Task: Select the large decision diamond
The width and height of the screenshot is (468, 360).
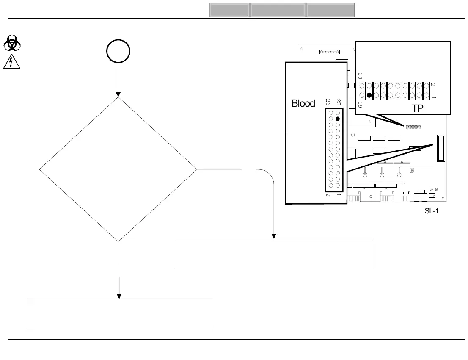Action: (118, 169)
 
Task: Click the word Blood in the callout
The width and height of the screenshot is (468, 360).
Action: (303, 103)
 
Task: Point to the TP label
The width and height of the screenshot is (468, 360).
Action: (417, 108)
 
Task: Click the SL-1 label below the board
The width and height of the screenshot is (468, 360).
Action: (431, 210)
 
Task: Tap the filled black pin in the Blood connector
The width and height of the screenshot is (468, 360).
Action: (338, 119)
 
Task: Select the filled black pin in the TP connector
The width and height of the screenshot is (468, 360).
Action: (369, 96)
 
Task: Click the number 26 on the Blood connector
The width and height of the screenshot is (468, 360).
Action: (328, 102)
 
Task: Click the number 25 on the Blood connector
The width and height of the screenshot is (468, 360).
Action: (339, 102)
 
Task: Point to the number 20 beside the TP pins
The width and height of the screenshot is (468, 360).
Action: (360, 76)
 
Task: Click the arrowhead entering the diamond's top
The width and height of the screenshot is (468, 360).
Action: (118, 94)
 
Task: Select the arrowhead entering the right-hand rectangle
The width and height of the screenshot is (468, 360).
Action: (274, 236)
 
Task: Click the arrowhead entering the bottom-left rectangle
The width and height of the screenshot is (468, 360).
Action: (119, 296)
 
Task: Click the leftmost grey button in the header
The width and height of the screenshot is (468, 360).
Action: (229, 10)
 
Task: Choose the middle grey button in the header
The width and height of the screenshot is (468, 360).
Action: (278, 10)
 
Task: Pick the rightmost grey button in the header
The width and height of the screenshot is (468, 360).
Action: (330, 10)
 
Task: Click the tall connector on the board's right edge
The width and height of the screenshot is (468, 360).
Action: (440, 148)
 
